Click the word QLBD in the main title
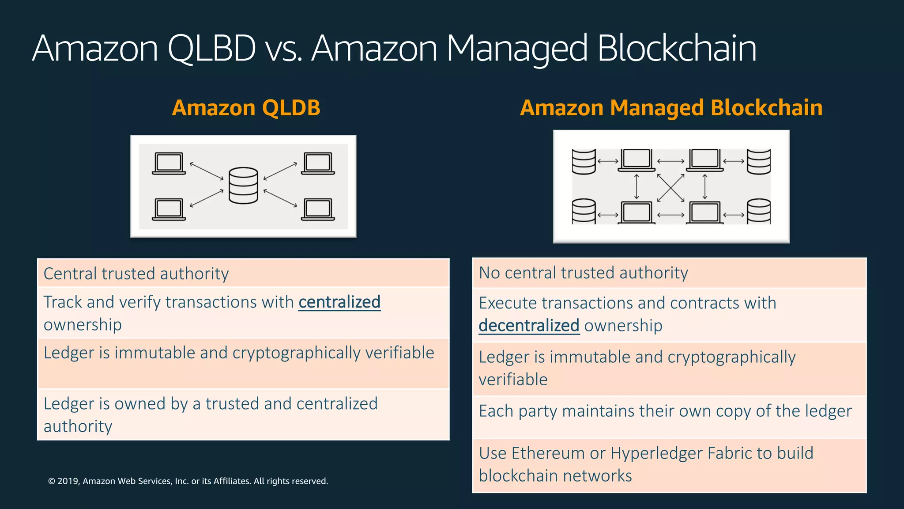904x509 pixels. tap(212, 49)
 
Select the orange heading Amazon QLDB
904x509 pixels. tap(246, 108)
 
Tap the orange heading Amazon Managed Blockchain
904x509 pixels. tap(671, 108)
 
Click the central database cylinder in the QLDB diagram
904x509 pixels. tap(243, 186)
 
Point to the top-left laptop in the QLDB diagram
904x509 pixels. tap(169, 163)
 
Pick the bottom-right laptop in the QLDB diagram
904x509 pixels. tap(318, 209)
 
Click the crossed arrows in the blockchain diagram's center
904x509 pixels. tap(670, 188)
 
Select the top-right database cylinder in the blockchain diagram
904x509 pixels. tap(758, 162)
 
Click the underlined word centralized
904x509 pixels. tap(339, 302)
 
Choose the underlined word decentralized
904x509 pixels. tap(528, 326)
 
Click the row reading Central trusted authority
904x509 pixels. tap(243, 273)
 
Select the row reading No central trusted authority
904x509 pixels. tap(669, 273)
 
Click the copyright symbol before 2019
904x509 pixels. tap(52, 481)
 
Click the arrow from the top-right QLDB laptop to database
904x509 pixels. tap(280, 171)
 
